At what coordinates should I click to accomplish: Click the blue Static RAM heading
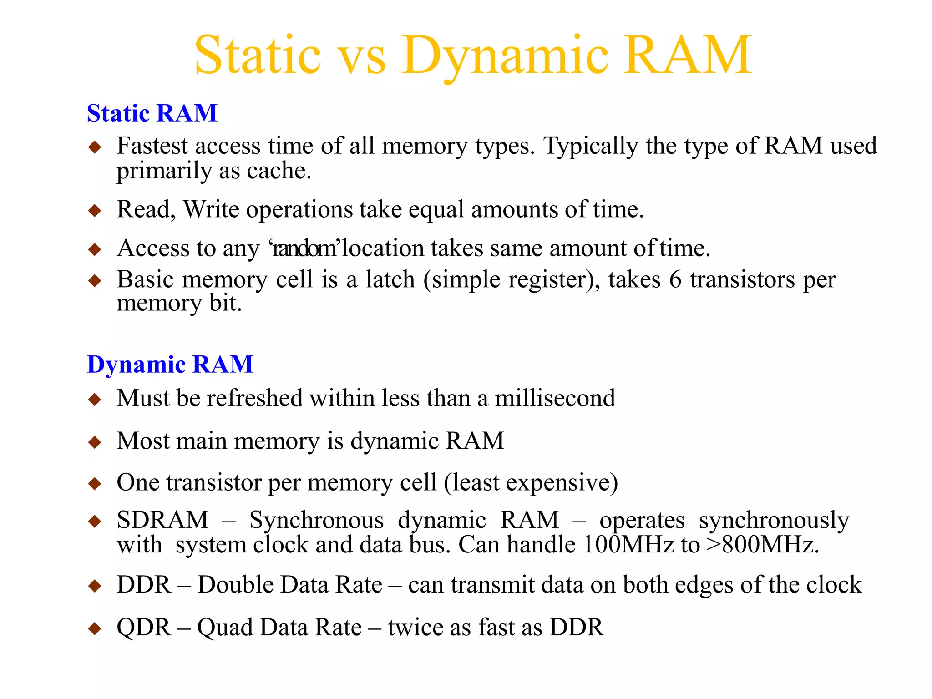[152, 113]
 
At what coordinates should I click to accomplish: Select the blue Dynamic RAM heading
[170, 364]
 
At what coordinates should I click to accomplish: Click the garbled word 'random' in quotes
[304, 248]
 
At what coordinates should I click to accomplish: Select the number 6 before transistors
[675, 279]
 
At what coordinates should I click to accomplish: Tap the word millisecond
[555, 398]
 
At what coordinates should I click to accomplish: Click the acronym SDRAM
[162, 520]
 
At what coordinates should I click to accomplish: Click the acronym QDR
[143, 628]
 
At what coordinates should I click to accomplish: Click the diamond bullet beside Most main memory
[95, 442]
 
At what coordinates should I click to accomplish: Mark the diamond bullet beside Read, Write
[95, 210]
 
